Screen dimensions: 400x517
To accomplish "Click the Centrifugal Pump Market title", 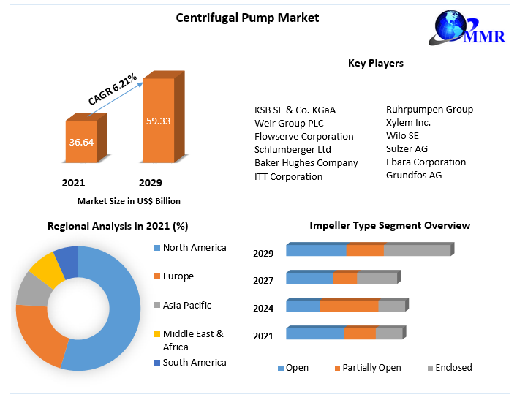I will (x=247, y=18).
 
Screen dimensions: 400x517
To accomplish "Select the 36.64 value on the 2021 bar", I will (x=81, y=142).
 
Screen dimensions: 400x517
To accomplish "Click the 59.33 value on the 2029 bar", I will (x=158, y=121).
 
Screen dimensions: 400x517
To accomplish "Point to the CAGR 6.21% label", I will (x=113, y=88).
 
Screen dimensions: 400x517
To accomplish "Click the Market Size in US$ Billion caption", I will (x=129, y=201).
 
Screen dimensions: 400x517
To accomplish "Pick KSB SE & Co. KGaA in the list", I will (x=295, y=110).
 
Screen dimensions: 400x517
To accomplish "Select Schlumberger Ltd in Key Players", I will (x=293, y=149).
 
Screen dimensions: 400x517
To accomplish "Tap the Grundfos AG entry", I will (x=414, y=175).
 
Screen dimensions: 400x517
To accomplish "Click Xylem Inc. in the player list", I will (x=408, y=122).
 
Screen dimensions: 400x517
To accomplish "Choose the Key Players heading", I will (x=375, y=64).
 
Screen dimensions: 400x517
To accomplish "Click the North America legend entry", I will (x=194, y=248).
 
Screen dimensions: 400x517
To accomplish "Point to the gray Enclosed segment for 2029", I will (x=417, y=251).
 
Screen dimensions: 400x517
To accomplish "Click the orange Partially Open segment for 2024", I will (x=349, y=306).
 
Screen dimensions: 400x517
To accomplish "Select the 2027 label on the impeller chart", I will (x=263, y=280).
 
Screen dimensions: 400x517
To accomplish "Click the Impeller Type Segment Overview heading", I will (x=390, y=226).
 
